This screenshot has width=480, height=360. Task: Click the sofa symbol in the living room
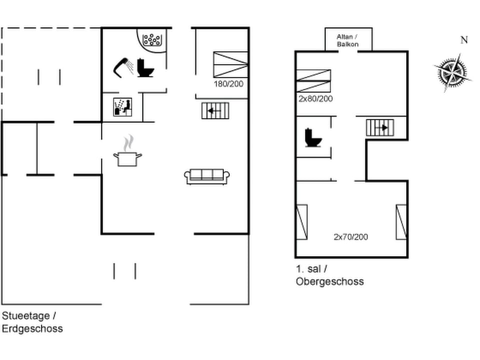click(207, 176)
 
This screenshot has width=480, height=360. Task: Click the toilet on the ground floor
click(145, 68)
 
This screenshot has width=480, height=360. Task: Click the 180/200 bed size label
click(228, 84)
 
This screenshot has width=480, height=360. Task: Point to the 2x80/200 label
click(315, 99)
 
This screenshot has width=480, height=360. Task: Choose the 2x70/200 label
click(350, 236)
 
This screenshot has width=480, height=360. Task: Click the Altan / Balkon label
click(347, 40)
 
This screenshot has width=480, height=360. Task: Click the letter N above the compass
click(464, 40)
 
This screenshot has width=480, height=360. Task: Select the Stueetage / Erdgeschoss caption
click(32, 322)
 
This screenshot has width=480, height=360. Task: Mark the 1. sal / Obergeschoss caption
click(329, 275)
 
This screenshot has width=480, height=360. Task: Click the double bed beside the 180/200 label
click(230, 64)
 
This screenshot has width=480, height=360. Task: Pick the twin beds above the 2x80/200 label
click(313, 80)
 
